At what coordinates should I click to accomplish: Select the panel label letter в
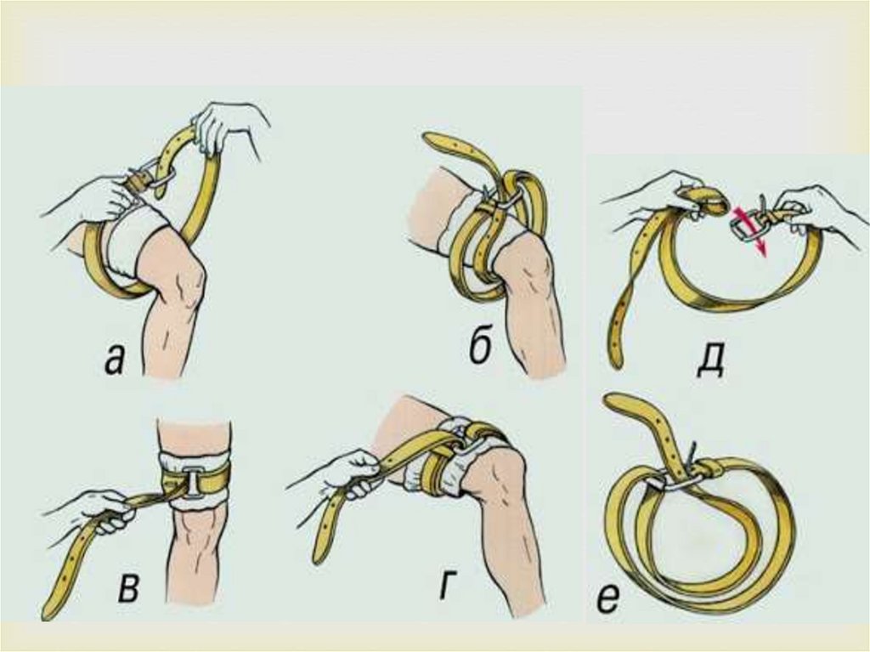pos(128,587)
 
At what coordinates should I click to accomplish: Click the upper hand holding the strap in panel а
pos(224,128)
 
